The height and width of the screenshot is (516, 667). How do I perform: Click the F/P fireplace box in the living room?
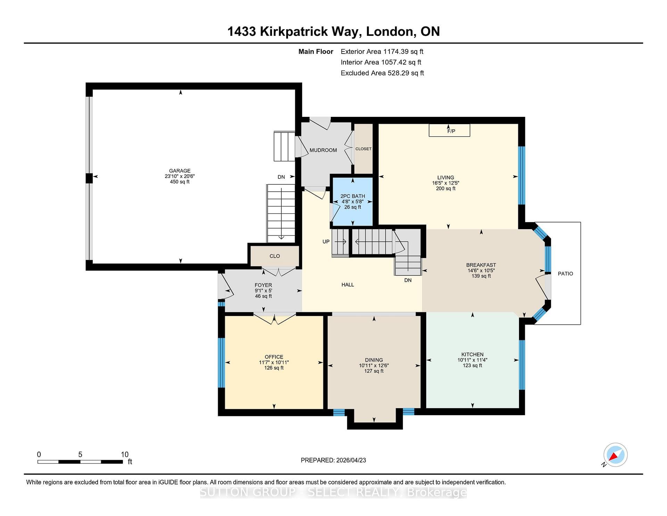point(449,130)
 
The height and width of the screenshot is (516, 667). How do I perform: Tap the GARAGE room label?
point(180,171)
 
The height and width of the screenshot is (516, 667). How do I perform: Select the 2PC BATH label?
point(353,196)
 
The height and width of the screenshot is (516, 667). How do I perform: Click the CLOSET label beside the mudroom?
point(363,149)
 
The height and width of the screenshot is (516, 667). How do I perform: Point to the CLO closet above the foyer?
point(274,256)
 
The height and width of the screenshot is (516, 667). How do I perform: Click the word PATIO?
point(565,274)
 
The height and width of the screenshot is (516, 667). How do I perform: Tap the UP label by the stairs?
point(326,241)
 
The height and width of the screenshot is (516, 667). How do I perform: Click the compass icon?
point(615,455)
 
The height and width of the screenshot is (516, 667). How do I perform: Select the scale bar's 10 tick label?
point(125,454)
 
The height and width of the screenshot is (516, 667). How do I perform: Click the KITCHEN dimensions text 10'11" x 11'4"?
point(472,360)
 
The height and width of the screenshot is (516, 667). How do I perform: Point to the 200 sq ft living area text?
point(446,188)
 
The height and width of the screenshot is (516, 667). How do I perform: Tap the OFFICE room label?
point(274,357)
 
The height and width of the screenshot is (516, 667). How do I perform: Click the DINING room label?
point(374,360)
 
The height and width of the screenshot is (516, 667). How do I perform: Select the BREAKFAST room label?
point(481,265)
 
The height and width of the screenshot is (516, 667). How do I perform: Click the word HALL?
point(347,285)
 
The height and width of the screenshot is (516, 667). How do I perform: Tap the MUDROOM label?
point(323,150)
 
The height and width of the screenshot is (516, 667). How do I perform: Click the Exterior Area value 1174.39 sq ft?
point(403,51)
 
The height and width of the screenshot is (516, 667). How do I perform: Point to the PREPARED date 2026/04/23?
point(351,460)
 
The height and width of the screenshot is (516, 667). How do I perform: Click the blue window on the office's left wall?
point(221,362)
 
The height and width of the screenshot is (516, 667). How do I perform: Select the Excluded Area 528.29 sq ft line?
point(382,73)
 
